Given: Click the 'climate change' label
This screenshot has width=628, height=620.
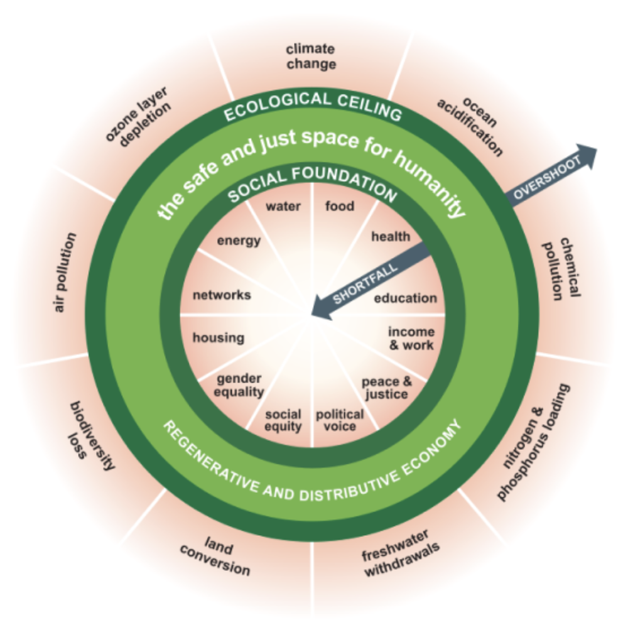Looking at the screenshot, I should [311, 57].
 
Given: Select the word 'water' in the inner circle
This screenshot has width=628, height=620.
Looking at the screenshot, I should [283, 206].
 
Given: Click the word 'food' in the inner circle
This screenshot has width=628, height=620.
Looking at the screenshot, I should [340, 206].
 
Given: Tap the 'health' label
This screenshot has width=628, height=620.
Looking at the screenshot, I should [391, 237].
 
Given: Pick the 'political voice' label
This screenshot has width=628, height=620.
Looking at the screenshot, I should [340, 420].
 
